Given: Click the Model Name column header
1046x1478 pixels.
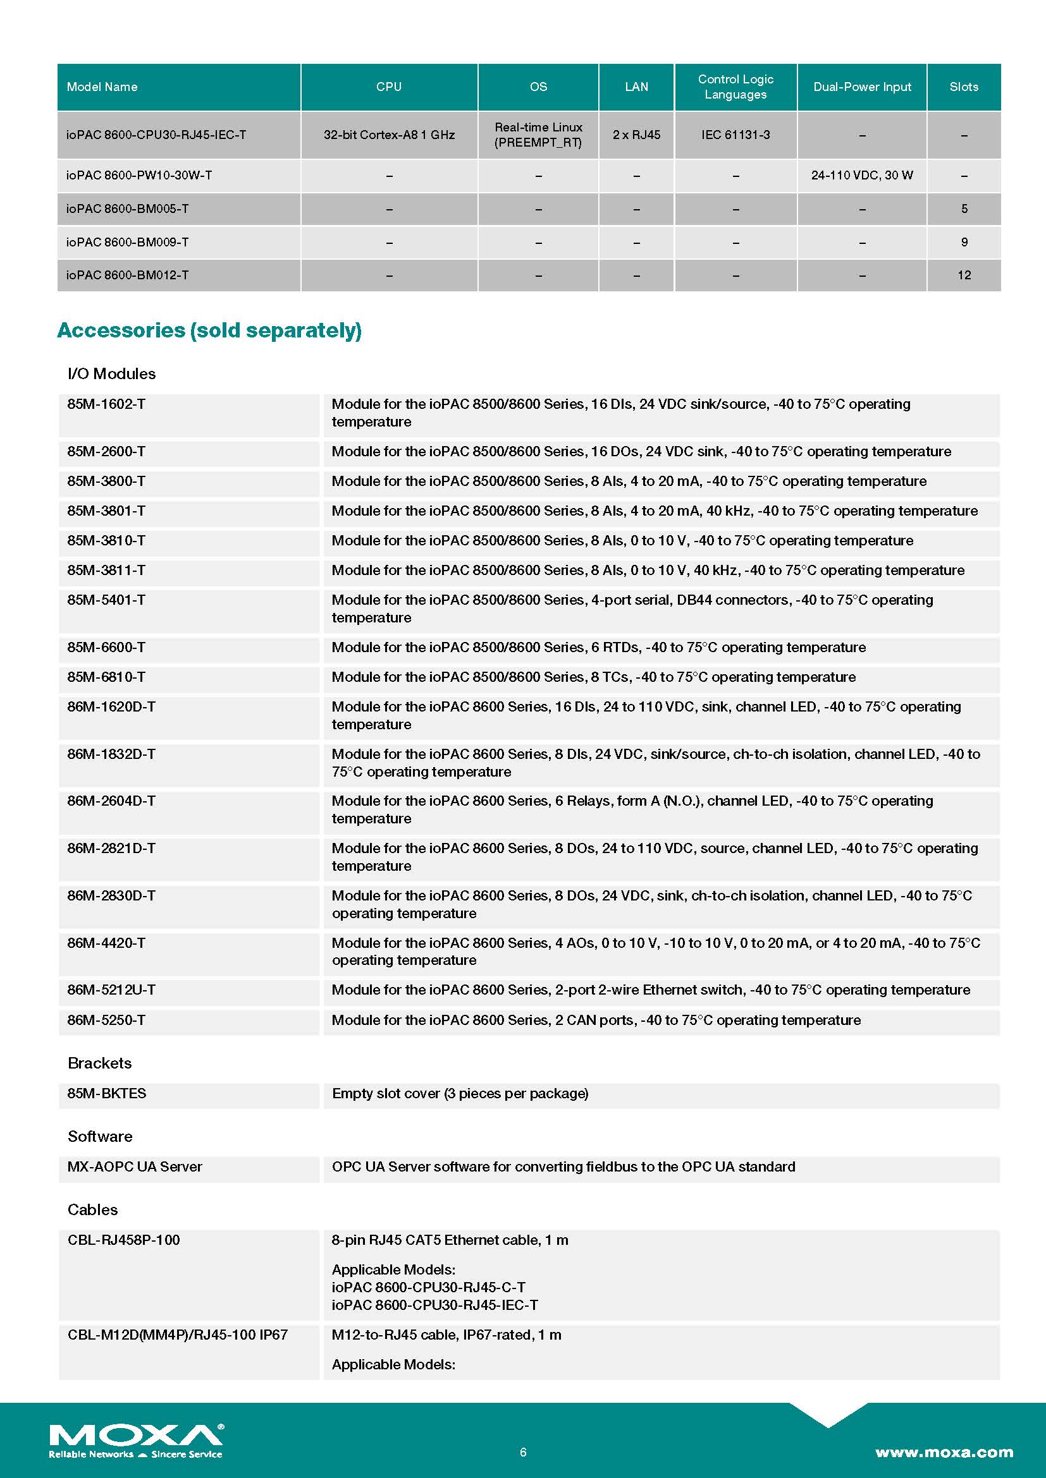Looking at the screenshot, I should [x=102, y=87].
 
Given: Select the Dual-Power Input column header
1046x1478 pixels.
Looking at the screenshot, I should [x=862, y=87].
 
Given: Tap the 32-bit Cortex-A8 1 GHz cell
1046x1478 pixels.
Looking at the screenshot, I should [x=389, y=135].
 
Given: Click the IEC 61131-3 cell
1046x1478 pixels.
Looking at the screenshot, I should [x=735, y=135].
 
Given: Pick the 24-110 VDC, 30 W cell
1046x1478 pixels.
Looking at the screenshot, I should [x=862, y=175].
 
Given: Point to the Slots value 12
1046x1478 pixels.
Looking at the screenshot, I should [x=964, y=276].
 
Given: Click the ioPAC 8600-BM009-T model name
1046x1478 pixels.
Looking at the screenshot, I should [x=127, y=243].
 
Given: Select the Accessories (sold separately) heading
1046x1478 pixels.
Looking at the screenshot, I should [x=209, y=330].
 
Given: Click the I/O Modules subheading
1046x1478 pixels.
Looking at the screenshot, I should [x=111, y=374].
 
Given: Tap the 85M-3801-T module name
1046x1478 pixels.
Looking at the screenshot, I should [x=106, y=511].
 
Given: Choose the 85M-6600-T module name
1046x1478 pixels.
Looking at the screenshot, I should [x=106, y=648].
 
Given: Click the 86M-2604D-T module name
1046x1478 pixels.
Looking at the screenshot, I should [x=111, y=801].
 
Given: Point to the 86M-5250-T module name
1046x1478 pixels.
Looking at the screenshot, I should [x=106, y=1021].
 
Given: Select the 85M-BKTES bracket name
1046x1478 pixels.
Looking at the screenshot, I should [x=107, y=1094].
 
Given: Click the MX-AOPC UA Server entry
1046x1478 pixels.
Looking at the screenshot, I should [x=135, y=1167].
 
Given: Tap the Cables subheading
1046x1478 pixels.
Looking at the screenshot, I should [x=93, y=1210].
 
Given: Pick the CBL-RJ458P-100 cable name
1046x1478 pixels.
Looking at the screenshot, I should [x=124, y=1240].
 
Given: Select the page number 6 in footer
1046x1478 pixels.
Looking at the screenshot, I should [x=523, y=1451].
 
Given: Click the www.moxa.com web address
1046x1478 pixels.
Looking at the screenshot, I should [x=944, y=1452].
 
